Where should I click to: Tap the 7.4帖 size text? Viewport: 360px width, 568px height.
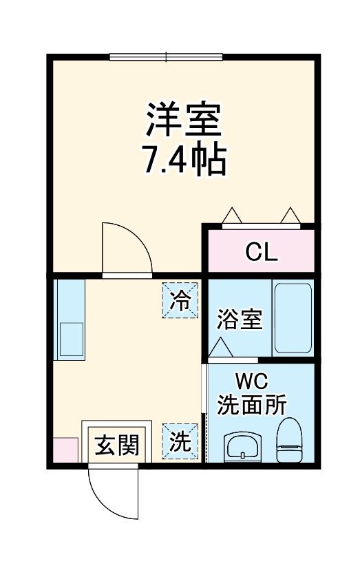point(184,160)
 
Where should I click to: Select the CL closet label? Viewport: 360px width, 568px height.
point(262,253)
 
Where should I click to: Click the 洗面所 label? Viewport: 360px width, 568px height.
point(252,405)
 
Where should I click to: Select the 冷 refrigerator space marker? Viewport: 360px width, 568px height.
point(180,300)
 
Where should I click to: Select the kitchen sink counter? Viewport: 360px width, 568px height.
point(70,320)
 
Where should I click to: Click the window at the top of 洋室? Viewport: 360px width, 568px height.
point(166,57)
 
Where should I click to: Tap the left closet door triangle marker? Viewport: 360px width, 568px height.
point(233,216)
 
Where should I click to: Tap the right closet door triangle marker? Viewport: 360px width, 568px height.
point(289,216)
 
